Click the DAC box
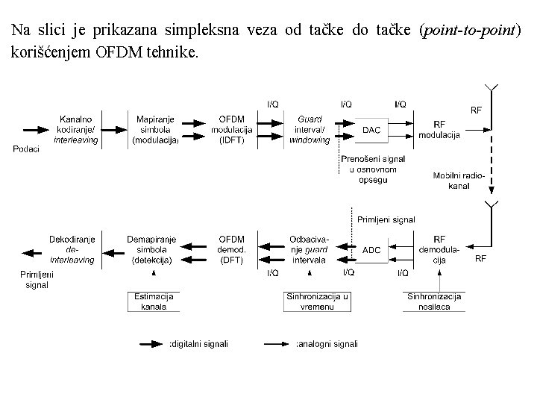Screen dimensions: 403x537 pos(371,130)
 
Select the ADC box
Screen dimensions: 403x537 pos(371,249)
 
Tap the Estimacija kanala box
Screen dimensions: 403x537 pos(154,302)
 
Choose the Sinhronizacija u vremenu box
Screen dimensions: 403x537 pos(317,302)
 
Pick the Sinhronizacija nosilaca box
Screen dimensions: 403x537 pos(434,302)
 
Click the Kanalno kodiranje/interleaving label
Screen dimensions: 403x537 pos(75,130)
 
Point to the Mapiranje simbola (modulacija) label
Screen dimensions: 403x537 pos(155,130)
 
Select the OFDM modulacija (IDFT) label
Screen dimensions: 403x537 pos(235,130)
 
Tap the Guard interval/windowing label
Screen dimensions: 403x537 pos(310,130)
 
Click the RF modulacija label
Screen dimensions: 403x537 pos(439,129)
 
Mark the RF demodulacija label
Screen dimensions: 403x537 pos(439,249)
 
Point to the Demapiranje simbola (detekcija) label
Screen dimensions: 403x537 pos(151,249)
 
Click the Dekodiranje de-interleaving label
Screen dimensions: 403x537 pos(72,249)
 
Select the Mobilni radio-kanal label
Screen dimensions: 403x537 pos(459,180)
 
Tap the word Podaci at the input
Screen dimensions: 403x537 pos(27,149)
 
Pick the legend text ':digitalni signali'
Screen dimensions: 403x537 pos(199,344)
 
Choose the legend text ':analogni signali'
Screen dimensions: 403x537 pos(327,344)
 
